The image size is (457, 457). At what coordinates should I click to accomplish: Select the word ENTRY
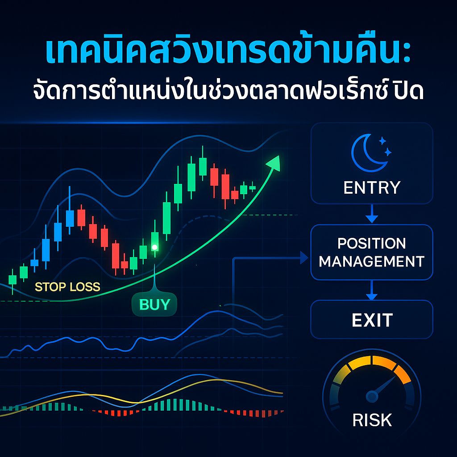point(372,188)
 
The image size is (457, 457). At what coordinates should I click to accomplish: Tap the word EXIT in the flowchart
point(372,320)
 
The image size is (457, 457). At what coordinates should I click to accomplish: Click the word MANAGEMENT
point(372,261)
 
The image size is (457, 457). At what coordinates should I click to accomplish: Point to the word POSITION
point(372,244)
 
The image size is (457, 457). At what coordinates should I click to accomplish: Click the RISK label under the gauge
point(372,420)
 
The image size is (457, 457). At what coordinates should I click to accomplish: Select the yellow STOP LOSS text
point(67,287)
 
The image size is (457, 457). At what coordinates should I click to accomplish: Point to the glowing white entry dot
point(154,247)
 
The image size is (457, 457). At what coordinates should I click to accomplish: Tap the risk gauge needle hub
point(371,395)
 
